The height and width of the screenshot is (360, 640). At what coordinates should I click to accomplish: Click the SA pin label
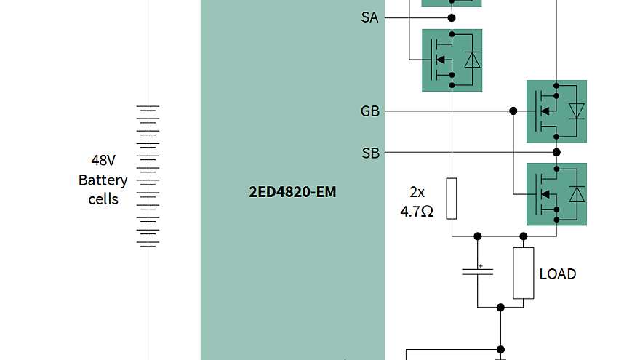tap(369, 17)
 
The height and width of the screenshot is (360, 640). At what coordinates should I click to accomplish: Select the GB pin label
tap(369, 111)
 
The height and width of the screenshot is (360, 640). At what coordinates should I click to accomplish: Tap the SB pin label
tap(370, 153)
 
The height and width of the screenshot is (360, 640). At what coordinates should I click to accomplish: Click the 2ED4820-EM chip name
tap(292, 193)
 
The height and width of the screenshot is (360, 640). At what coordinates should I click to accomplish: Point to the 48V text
tap(103, 161)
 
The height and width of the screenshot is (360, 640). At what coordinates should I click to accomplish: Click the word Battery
tap(103, 180)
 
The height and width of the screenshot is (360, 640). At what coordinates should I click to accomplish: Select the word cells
tap(103, 199)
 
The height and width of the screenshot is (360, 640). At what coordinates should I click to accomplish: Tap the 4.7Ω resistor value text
tap(417, 212)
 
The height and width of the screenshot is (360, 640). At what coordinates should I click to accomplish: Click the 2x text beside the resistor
tap(417, 193)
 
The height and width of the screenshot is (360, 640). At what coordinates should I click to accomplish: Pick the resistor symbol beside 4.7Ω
tap(452, 198)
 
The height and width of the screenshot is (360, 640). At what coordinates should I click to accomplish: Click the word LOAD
tap(558, 274)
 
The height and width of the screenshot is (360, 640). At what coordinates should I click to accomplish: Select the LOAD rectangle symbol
tap(524, 273)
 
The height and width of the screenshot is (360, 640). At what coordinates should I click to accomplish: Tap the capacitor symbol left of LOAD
tap(478, 271)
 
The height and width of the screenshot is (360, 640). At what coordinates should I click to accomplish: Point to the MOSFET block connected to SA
tap(452, 60)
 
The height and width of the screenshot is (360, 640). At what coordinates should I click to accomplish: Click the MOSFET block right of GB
tap(556, 111)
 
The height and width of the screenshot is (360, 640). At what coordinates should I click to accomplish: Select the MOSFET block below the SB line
tap(556, 194)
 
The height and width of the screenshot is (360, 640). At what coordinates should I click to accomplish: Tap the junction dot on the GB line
tap(513, 111)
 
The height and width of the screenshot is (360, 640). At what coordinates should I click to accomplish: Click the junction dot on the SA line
tap(452, 17)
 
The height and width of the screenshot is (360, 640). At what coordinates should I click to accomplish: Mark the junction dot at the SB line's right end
tap(556, 153)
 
